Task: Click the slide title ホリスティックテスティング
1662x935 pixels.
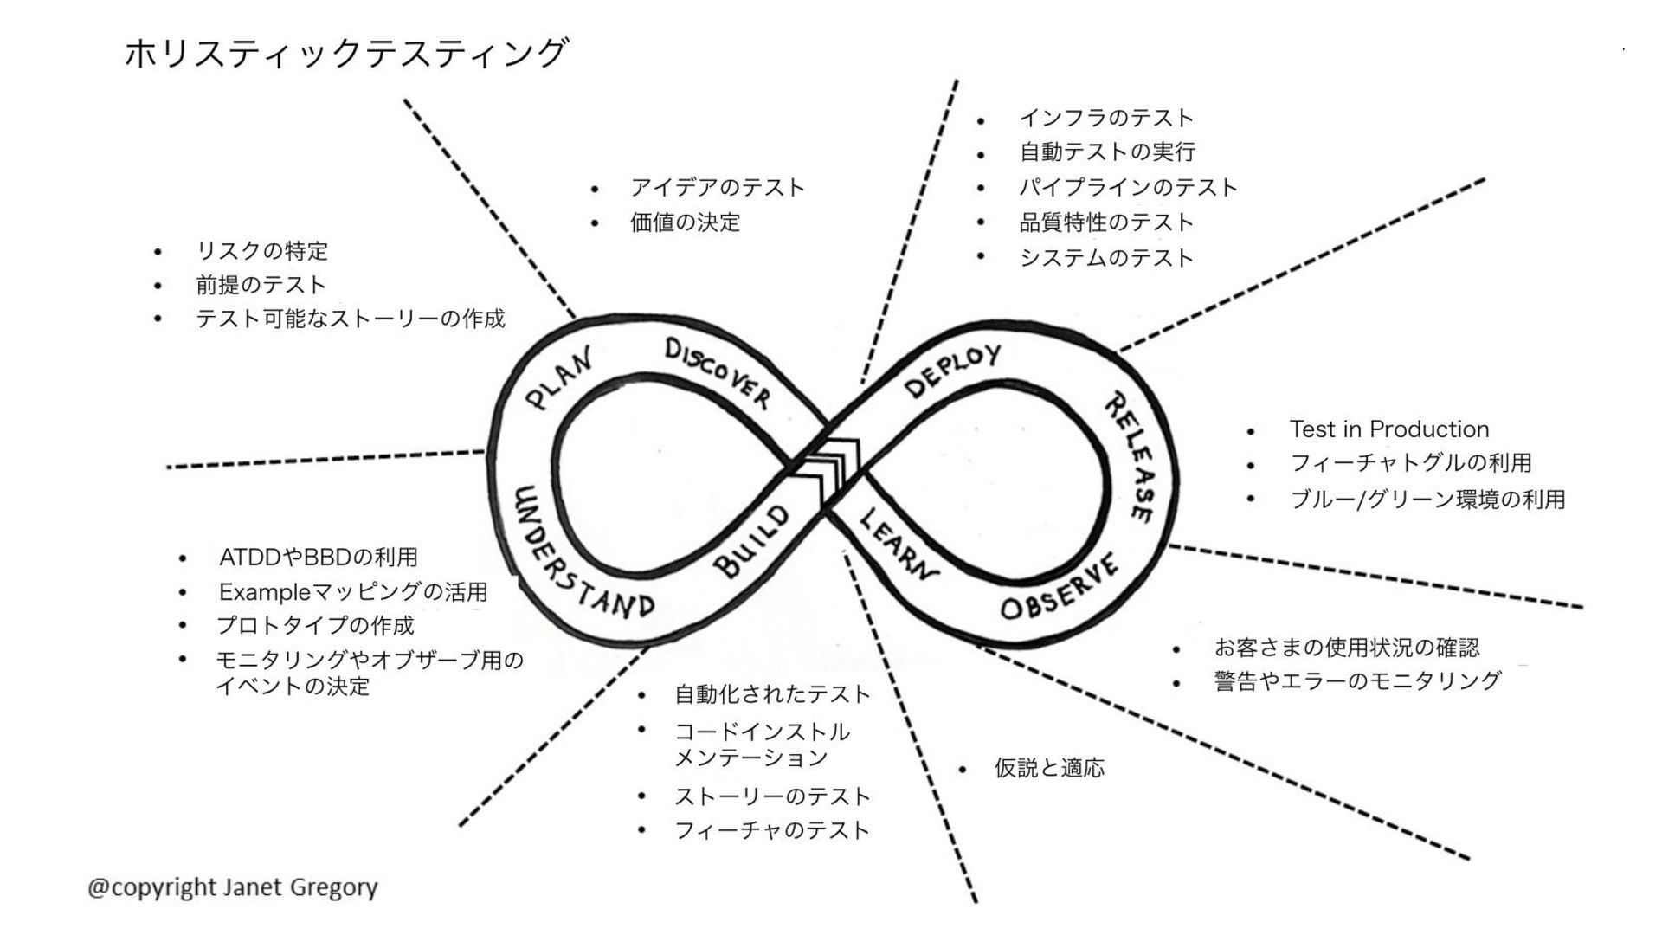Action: point(346,54)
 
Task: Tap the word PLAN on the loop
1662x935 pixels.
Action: point(560,378)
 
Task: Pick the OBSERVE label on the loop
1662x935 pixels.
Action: point(1060,589)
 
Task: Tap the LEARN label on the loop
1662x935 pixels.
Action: point(898,544)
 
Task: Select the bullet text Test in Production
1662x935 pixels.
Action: point(1388,429)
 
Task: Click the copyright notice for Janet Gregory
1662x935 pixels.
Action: point(233,887)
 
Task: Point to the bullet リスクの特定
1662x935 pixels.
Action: point(262,251)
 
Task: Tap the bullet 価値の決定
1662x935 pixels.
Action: point(685,222)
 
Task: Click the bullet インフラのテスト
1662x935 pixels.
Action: point(1106,118)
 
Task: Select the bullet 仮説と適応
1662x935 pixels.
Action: point(1049,768)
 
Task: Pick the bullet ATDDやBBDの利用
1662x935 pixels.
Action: point(319,557)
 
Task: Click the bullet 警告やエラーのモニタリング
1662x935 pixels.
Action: point(1356,681)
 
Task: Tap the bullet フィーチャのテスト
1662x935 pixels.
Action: point(771,830)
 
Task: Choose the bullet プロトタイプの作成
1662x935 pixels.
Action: point(315,625)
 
